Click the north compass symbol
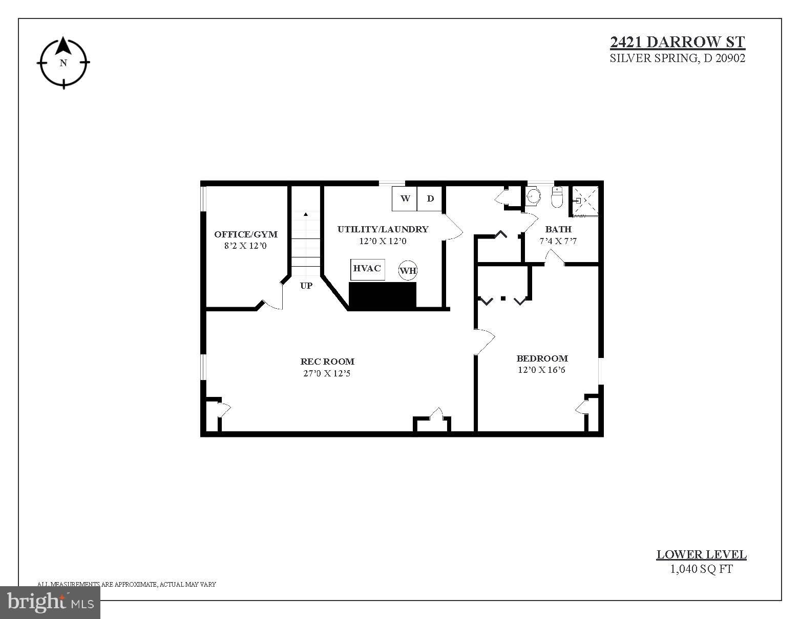coord(64,63)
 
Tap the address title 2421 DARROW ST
coord(677,42)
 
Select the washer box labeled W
coord(405,198)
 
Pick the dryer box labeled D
coord(430,198)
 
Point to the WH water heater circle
coord(408,270)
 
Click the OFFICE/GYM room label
coord(246,234)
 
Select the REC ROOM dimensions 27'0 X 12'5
coord(327,374)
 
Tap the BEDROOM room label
coord(542,358)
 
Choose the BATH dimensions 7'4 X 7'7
coord(558,241)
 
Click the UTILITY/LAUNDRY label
coord(383,229)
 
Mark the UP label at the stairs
coord(306,286)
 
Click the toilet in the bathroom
coord(557,197)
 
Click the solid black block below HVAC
coord(382,295)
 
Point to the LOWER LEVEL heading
coord(701,554)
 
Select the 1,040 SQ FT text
coord(701,569)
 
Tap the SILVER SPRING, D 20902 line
coord(677,58)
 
